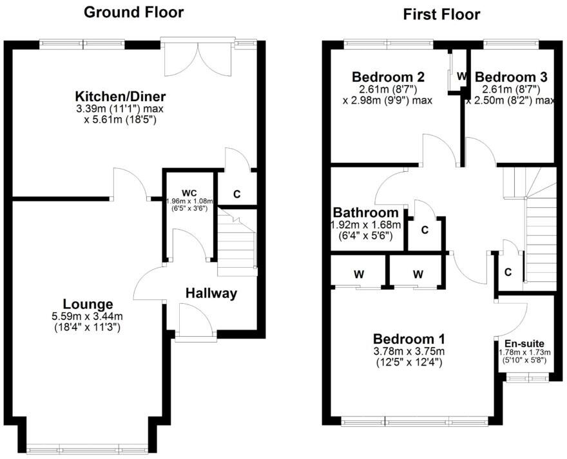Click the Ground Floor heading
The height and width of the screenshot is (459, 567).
point(134,12)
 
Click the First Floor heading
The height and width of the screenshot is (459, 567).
point(441,14)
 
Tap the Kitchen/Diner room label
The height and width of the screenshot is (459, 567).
point(119,97)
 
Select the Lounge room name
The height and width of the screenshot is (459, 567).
point(88,304)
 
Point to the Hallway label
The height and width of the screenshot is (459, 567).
point(211,294)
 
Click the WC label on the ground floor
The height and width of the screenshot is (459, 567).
point(189,192)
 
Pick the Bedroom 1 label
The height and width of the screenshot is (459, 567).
point(409,339)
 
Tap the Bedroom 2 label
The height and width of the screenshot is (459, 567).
point(384,77)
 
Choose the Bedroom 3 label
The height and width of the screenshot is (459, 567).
point(511,77)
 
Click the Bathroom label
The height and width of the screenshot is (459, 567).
point(365,213)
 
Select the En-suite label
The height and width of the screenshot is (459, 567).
point(524,344)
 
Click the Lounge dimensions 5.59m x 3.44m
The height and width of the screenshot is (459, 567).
point(88,317)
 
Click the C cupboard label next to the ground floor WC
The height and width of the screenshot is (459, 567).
point(236,194)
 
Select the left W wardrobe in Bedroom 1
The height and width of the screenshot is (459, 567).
point(358,274)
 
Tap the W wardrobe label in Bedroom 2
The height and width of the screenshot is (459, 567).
point(462,76)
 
